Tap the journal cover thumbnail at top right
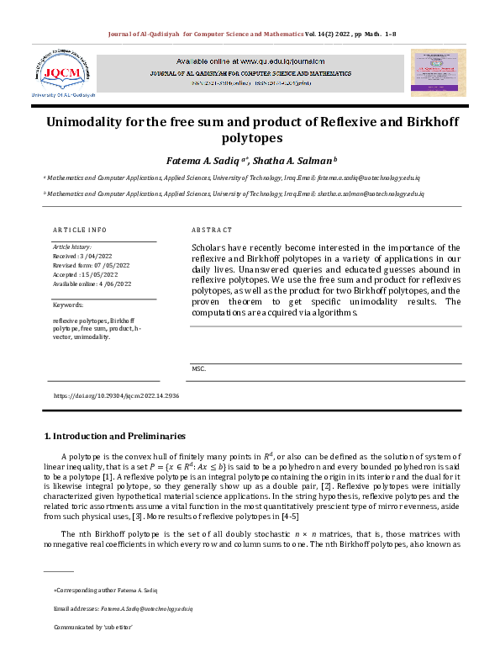point(437,72)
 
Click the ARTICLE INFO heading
point(80,230)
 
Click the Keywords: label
point(67,305)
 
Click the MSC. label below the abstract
point(199,368)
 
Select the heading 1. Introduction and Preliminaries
point(114,436)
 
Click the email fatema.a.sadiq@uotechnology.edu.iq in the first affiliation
point(375,179)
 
